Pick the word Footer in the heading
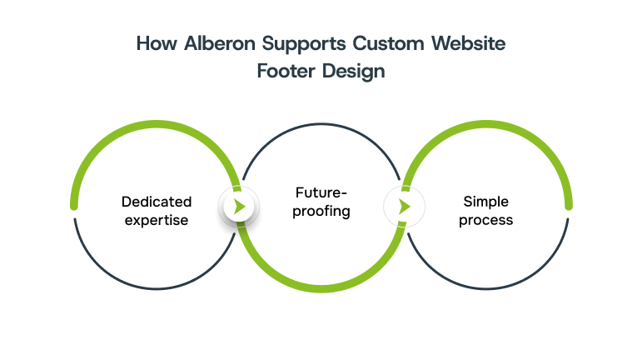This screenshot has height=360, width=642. click(285, 71)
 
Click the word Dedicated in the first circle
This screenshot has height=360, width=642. click(157, 202)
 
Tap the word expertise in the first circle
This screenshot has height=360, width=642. click(157, 220)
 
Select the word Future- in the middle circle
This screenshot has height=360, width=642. click(321, 192)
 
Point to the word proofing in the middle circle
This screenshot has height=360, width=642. click(321, 211)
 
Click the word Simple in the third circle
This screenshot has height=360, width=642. click(485, 202)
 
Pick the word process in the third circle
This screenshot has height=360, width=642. click(485, 220)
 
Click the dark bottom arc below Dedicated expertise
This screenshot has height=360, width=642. click(157, 288)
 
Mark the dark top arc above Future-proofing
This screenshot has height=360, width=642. click(321, 124)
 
